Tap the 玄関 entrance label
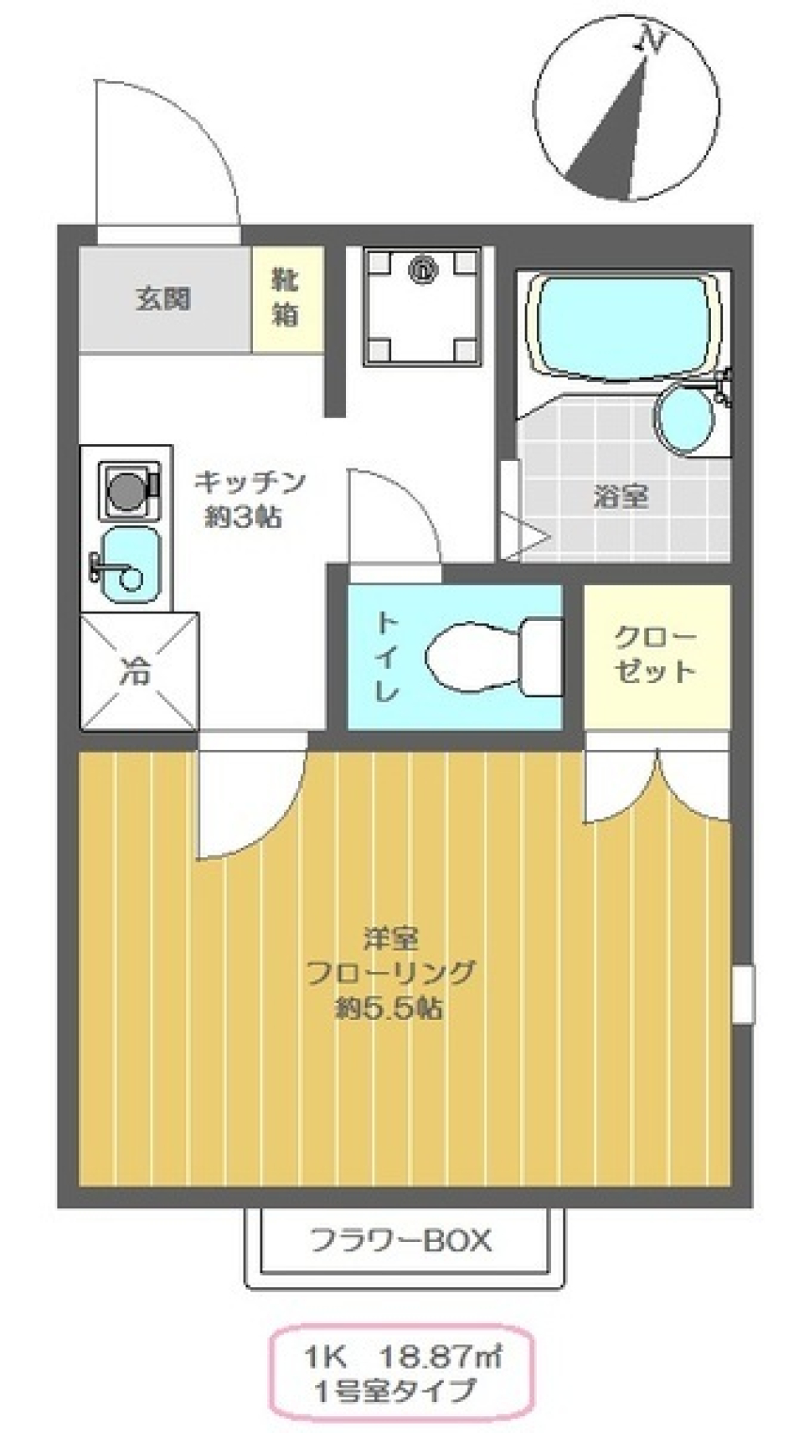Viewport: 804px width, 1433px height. coord(163,299)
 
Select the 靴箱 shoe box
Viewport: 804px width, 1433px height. coord(286,299)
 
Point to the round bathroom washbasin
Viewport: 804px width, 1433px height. coord(683,419)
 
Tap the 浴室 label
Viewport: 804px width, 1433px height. coord(621,497)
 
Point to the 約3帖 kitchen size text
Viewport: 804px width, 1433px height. coord(244,517)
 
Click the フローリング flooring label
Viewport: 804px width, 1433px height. coord(390,973)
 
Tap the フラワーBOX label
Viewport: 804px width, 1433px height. coord(401,1240)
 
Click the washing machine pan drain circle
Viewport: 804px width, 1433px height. coord(423,270)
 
